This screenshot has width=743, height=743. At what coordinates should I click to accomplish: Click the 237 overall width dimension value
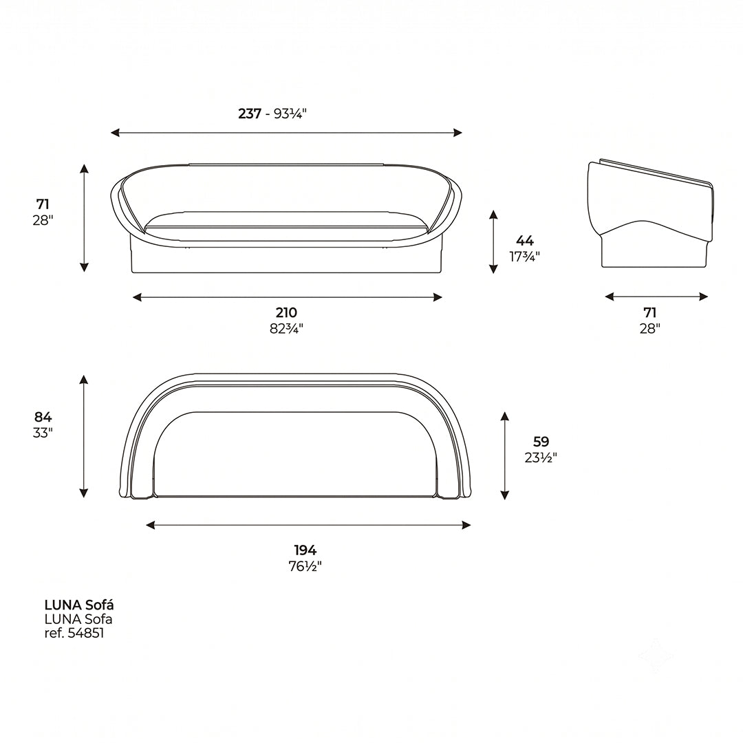point(250,114)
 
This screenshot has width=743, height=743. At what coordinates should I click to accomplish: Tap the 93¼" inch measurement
point(290,114)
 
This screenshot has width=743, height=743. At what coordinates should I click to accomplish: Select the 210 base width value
point(286,313)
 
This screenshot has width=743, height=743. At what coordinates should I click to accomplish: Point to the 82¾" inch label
point(286,328)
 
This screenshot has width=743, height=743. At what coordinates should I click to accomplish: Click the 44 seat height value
point(524,241)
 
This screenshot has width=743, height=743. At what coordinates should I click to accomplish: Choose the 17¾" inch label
point(524,257)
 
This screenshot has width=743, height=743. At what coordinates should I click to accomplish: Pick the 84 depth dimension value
point(43,417)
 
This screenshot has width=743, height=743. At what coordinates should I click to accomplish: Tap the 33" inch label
point(43,433)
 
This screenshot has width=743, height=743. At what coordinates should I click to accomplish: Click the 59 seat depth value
point(541,442)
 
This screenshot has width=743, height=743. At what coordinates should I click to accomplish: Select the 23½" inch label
point(541,457)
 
